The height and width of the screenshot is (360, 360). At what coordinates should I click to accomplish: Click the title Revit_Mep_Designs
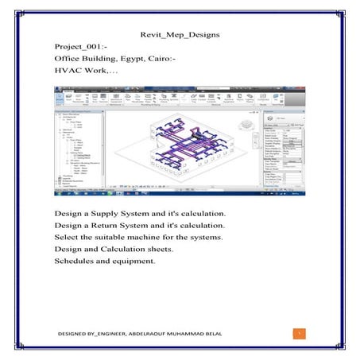[x=180, y=36]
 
